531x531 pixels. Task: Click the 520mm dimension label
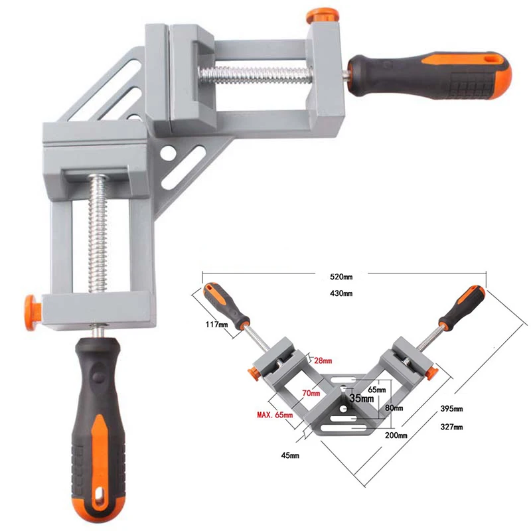coord(343,278)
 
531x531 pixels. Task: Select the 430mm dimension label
coord(343,293)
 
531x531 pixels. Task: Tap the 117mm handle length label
coord(217,325)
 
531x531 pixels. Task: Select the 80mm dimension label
coord(394,408)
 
